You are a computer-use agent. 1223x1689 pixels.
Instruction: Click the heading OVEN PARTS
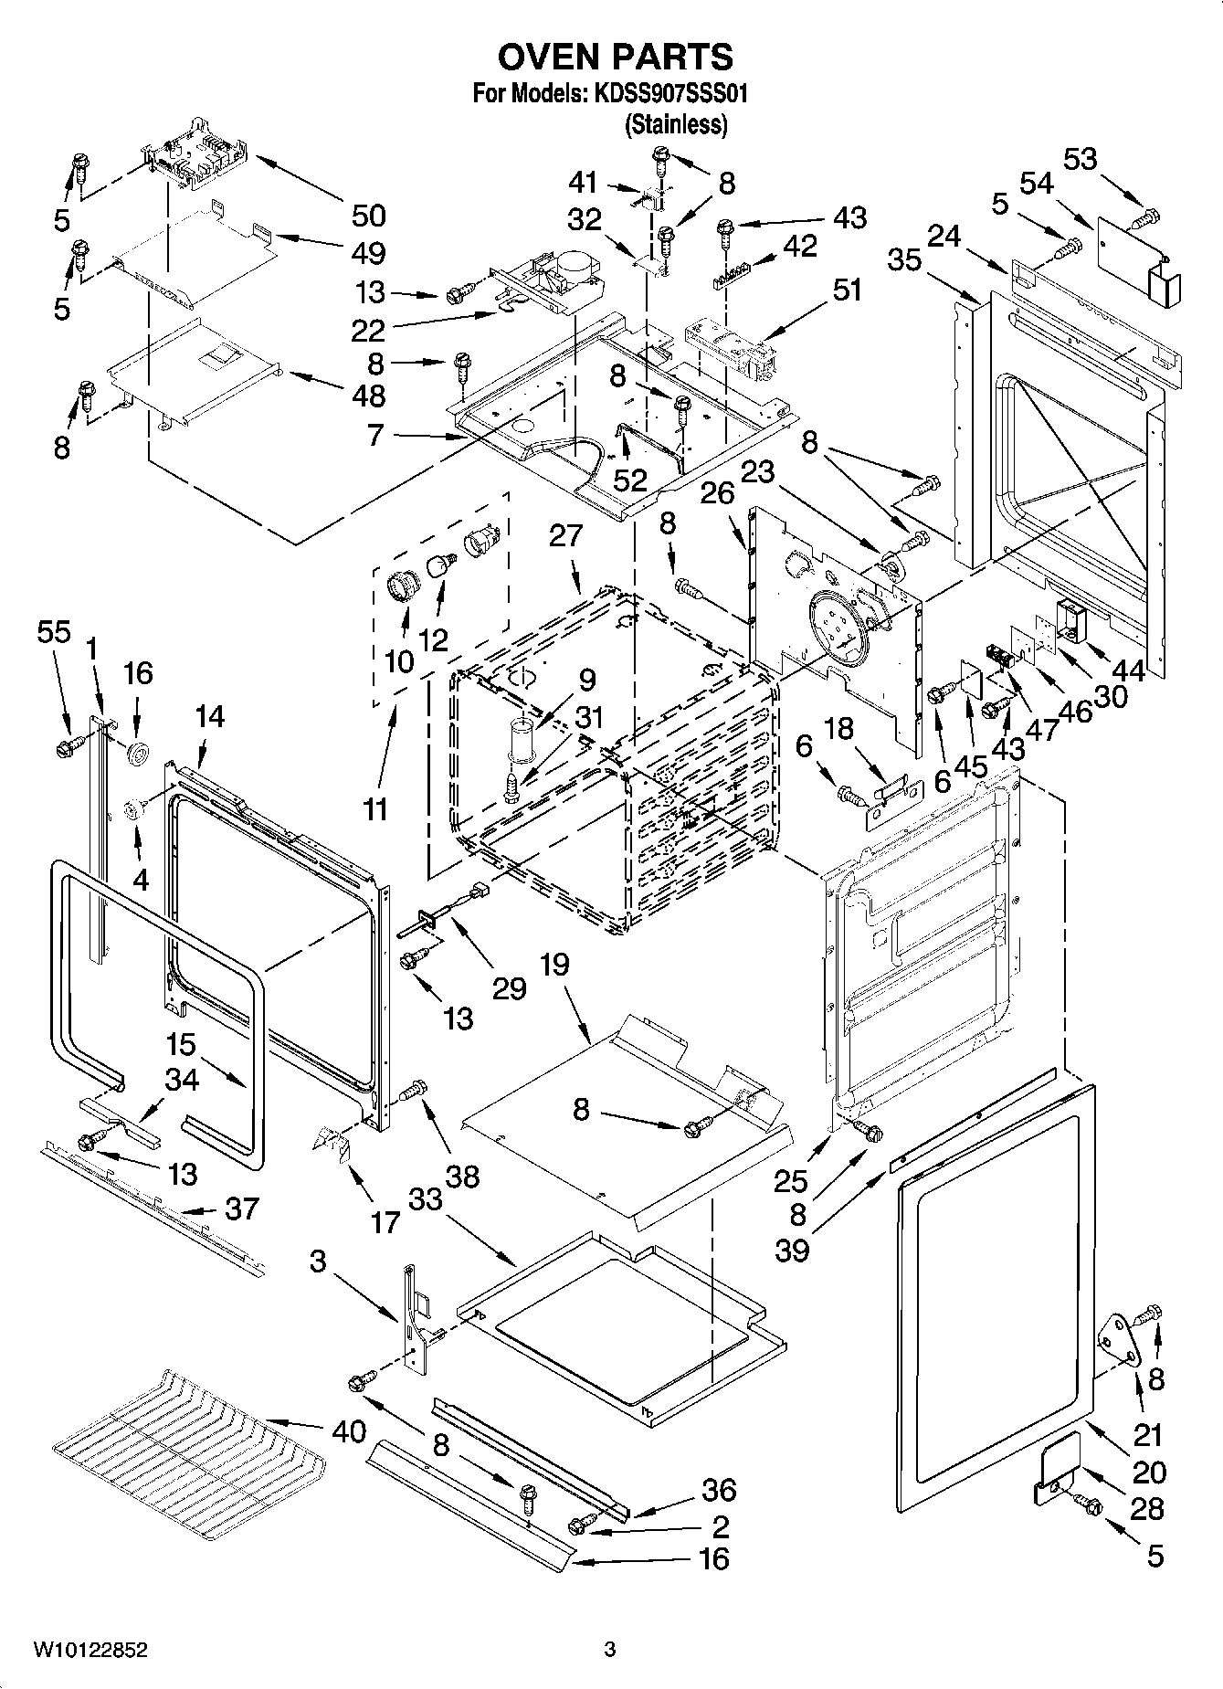(x=615, y=57)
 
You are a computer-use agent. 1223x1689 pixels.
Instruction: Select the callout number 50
(x=368, y=216)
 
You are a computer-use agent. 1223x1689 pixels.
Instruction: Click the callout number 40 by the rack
(x=348, y=1430)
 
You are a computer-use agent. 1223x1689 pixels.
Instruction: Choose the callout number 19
(x=554, y=965)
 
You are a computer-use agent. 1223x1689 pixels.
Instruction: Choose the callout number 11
(x=375, y=808)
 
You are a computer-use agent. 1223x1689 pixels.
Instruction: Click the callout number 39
(x=793, y=1250)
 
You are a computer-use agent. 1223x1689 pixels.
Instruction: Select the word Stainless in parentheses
(x=675, y=124)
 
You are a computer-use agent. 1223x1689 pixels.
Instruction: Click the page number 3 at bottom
(x=609, y=1650)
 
